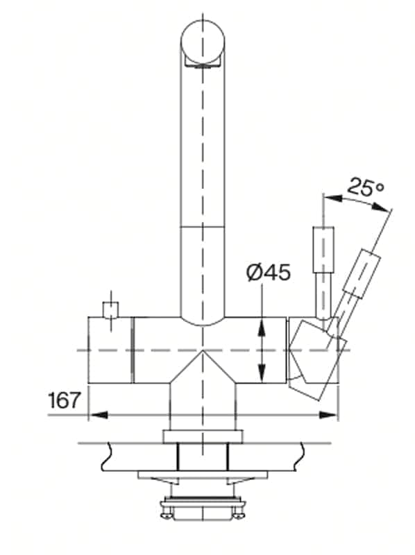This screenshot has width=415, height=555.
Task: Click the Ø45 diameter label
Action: (269, 272)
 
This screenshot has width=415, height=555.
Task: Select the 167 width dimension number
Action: (64, 400)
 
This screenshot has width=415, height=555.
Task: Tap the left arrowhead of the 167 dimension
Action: (98, 414)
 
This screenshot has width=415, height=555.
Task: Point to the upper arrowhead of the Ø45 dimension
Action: (262, 327)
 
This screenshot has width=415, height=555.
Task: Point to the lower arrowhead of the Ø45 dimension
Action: (262, 373)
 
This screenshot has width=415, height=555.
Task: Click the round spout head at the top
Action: (203, 40)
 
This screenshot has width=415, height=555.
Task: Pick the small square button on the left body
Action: (111, 309)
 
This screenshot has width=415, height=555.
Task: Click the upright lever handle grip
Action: (323, 250)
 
